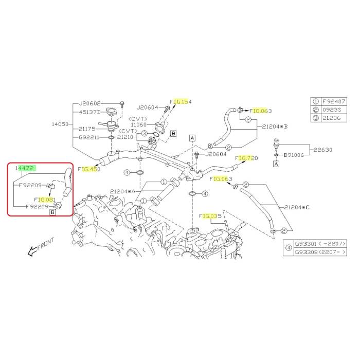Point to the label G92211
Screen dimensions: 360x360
90,138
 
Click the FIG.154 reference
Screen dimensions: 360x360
181,102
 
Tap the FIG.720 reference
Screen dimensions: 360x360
246,158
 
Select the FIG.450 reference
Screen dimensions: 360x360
89,168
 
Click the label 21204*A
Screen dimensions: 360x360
122,191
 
